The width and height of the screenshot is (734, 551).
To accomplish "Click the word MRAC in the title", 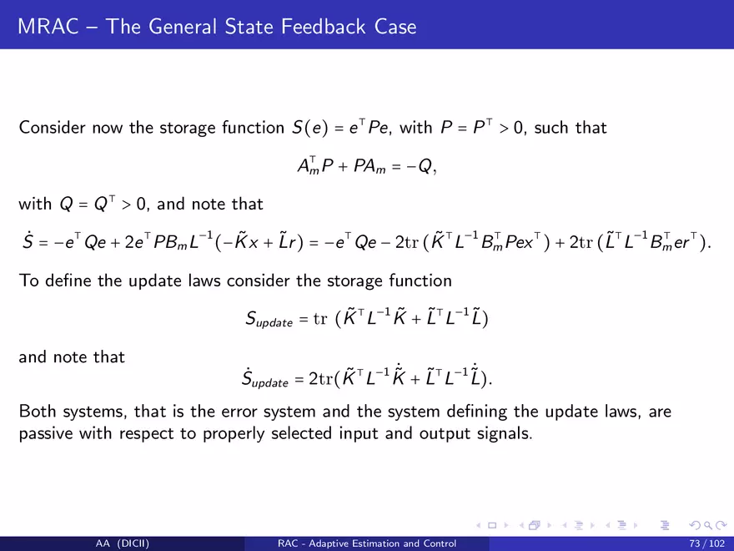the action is [x=48, y=27].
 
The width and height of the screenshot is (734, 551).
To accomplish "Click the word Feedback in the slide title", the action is [x=323, y=27].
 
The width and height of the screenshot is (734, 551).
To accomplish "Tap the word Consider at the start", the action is [x=52, y=128].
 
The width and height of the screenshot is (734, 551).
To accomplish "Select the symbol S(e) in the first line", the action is [x=310, y=128].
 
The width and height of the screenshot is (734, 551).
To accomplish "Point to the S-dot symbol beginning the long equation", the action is [x=28, y=241].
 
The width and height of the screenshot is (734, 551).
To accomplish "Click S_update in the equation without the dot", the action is [x=269, y=319].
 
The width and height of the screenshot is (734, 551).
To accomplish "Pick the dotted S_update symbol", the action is [x=265, y=378].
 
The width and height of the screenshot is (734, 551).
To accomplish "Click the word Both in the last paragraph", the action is [x=38, y=411].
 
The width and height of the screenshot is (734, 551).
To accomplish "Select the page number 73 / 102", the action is [x=706, y=543].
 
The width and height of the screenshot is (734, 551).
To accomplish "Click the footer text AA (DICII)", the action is [x=123, y=543].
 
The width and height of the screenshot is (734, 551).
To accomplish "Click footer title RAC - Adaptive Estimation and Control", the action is [x=367, y=543].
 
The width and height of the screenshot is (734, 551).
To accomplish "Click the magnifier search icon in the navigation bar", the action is [x=708, y=526].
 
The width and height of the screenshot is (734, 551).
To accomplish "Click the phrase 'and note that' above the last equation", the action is [x=72, y=357].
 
